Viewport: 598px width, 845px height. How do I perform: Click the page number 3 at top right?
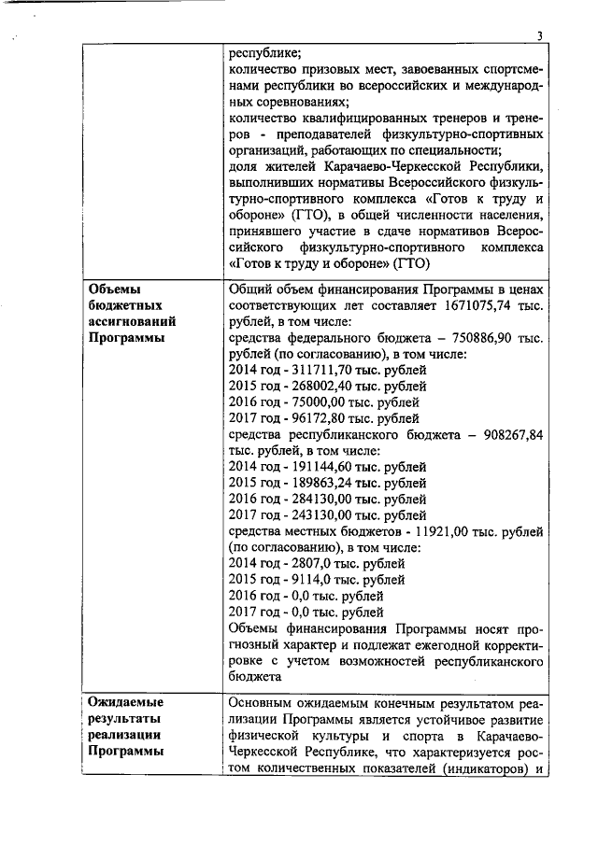(539, 36)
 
